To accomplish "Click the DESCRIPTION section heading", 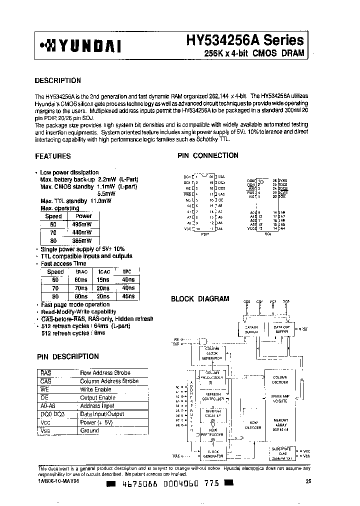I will click(57, 80).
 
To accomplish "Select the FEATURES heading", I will click(52, 156).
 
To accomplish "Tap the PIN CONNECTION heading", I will click(208, 155).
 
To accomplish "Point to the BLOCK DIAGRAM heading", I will click(200, 299).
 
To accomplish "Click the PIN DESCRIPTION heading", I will click(68, 356).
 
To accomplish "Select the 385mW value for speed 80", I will click(81, 240).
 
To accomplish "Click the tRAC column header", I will click(81, 272).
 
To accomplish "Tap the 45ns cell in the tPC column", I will click(128, 296).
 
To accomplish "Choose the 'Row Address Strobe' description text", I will click(105, 373).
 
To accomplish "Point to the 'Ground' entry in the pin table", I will click(89, 430).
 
